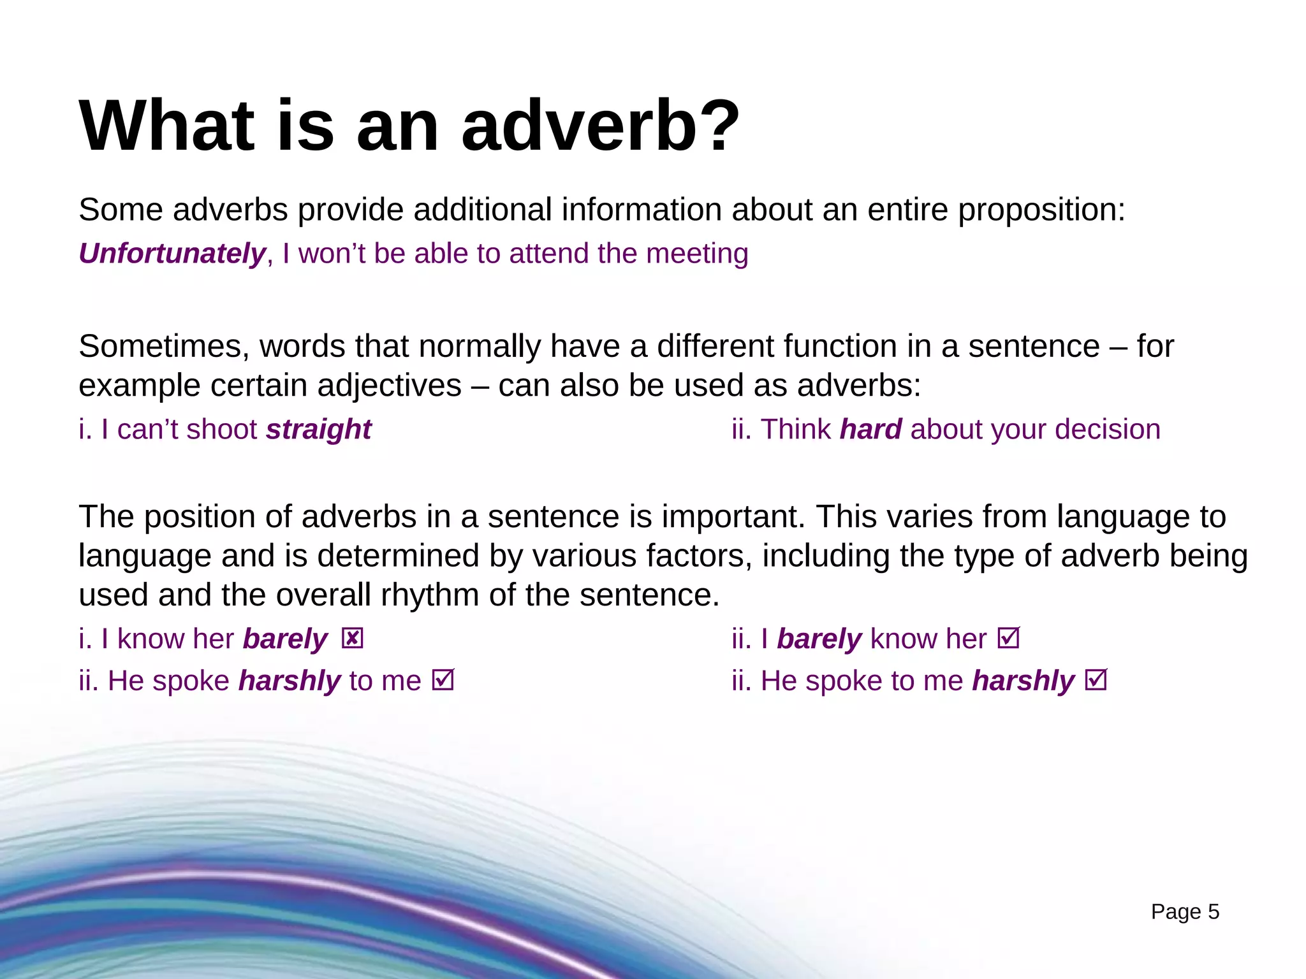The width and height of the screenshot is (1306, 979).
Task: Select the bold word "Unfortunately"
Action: (x=172, y=254)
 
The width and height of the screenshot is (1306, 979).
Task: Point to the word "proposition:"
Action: (x=1041, y=210)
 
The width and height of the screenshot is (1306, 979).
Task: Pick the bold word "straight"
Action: (x=319, y=430)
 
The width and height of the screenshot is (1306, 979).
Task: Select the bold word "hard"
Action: (x=870, y=430)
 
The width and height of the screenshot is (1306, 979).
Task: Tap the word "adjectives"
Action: (x=389, y=386)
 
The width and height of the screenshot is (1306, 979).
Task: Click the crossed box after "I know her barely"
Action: (x=352, y=638)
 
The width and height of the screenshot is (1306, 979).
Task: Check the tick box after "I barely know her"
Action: (x=1009, y=638)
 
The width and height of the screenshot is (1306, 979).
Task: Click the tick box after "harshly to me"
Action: (x=443, y=680)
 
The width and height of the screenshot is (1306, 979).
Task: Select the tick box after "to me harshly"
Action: (x=1096, y=680)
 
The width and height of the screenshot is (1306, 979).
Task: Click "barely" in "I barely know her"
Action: (x=819, y=639)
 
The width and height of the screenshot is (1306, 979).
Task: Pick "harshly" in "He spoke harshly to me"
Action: (x=290, y=681)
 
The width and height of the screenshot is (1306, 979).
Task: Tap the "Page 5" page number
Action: (x=1185, y=912)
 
